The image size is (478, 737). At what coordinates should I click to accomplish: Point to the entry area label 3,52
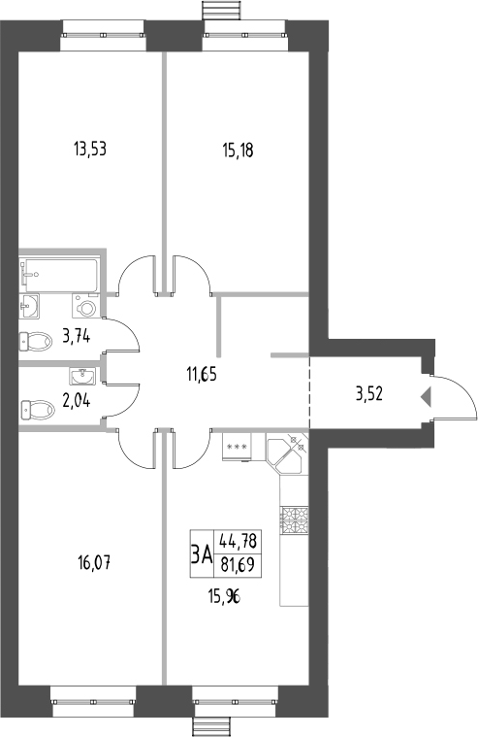click(x=370, y=393)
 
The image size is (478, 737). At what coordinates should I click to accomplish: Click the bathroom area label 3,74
click(x=77, y=337)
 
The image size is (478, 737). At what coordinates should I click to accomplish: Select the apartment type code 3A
click(x=201, y=554)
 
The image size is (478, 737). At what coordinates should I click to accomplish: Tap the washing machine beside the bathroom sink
click(x=88, y=308)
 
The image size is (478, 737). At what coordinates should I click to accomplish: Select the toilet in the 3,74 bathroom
click(x=37, y=341)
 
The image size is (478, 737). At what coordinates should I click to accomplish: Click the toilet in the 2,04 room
click(x=37, y=407)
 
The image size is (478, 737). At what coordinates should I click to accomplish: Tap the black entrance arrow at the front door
click(x=425, y=396)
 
